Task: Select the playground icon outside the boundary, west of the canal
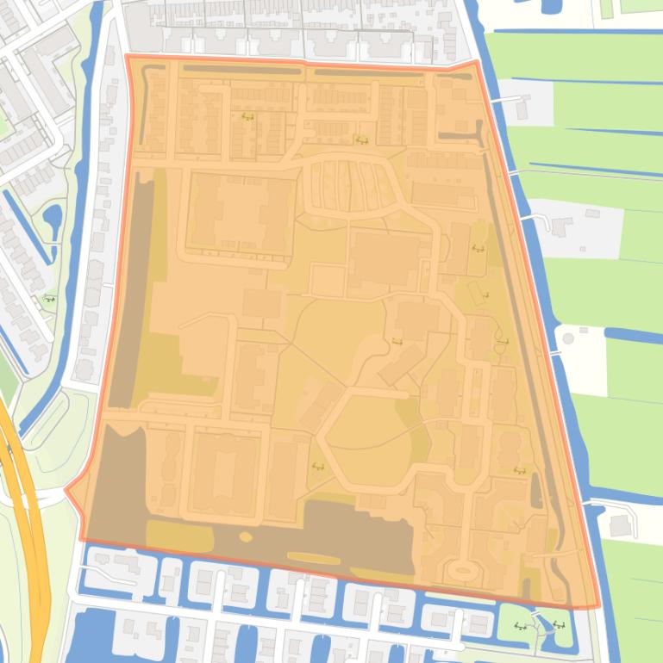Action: pos(49,299)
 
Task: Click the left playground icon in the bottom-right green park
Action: pos(521,626)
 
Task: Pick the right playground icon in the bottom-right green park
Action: pos(559,626)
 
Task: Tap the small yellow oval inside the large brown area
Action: pos(245,537)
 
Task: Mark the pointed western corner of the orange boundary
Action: pos(66,491)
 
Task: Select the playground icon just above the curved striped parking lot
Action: pos(362,140)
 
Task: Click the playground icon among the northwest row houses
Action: pos(248,117)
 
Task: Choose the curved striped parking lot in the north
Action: pos(353,185)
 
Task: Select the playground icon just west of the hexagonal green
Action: pos(316,467)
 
